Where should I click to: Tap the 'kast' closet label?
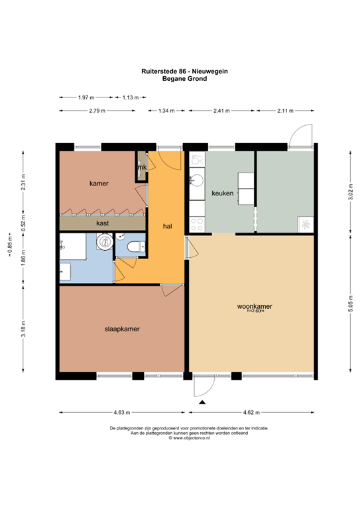[x=103, y=223]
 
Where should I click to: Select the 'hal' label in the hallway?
[x=168, y=226]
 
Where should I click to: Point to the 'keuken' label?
[x=221, y=193]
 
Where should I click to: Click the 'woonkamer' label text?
[x=255, y=306]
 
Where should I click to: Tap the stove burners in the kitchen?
[x=197, y=224]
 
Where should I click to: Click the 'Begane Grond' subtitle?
[x=184, y=78]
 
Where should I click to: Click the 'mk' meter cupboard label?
[x=141, y=168]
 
